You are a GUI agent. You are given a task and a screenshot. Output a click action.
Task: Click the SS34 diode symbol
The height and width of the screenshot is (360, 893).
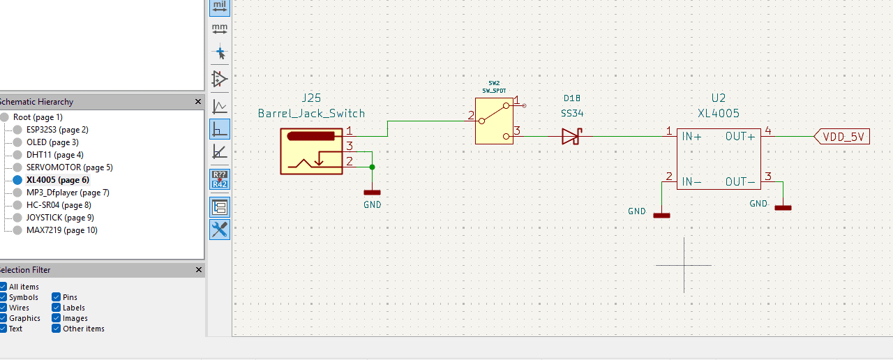coord(571,136)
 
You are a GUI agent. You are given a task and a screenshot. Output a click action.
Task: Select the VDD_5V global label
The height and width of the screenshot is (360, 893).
coord(841,137)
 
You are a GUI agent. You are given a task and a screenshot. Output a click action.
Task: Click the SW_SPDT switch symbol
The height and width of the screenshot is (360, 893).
coord(494,121)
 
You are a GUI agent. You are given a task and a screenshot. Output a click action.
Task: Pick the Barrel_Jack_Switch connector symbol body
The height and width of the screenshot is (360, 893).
coord(311,151)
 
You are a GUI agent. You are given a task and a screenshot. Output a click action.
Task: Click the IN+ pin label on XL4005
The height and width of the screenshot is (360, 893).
coord(691,137)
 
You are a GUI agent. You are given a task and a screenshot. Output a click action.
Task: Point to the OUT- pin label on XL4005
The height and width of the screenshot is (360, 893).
coord(740,182)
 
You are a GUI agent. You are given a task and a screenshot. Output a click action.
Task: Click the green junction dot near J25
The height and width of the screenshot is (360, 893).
coord(372,167)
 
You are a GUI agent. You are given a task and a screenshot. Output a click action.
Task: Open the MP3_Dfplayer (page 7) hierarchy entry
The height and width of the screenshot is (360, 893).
coord(68,193)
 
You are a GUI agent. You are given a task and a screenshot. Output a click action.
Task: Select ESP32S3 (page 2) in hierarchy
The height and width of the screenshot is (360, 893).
coord(57,130)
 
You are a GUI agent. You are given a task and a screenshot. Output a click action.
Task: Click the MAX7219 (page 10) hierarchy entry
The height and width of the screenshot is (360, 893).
coord(62,230)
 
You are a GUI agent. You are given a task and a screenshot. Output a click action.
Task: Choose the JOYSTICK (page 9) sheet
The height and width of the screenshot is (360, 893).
coord(60,218)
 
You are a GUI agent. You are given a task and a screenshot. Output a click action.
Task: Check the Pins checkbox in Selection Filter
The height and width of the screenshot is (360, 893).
coord(57,297)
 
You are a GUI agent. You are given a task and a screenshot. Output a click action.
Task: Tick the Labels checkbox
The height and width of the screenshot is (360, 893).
coord(57,308)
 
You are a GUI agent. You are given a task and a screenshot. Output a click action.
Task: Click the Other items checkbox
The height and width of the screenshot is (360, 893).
coord(57,329)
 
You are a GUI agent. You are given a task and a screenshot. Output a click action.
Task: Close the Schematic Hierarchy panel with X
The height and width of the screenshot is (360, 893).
coord(198,102)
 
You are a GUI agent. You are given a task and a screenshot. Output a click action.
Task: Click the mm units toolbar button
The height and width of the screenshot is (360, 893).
coord(220,29)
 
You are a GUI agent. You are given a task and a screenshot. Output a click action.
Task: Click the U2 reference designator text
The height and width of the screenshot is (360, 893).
coord(719,98)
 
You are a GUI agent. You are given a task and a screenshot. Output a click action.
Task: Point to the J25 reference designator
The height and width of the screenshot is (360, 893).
coord(311,98)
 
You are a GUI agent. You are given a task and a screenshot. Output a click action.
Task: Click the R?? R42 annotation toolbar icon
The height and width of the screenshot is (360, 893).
coord(220,179)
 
